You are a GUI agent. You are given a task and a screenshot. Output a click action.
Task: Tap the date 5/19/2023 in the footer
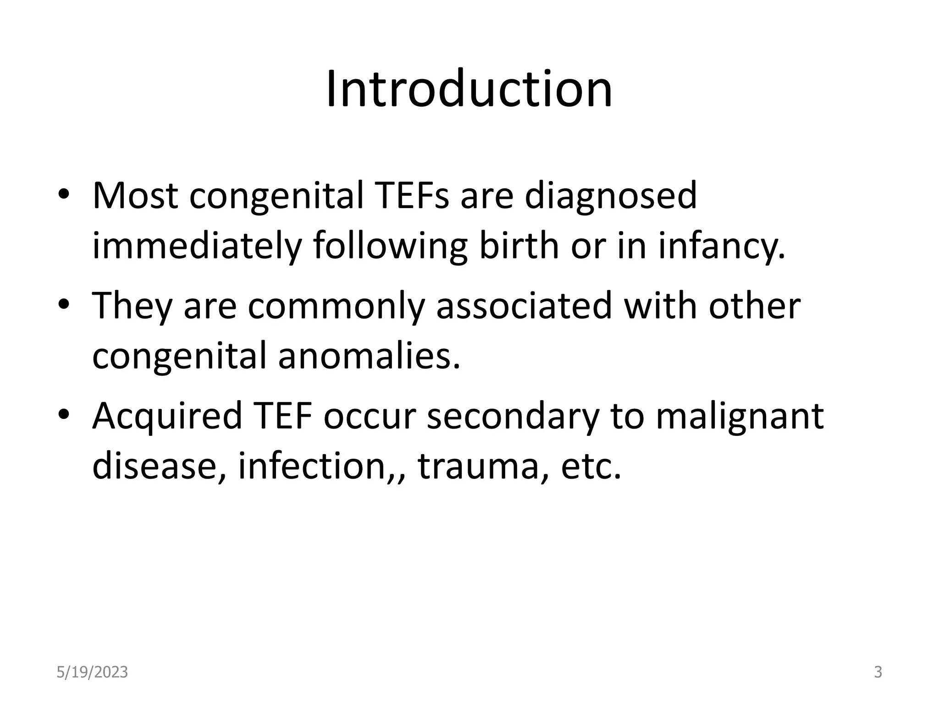click(x=92, y=672)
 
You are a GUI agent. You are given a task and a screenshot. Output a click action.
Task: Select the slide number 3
click(x=878, y=672)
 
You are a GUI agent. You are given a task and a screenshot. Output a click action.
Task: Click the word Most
click(x=135, y=196)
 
